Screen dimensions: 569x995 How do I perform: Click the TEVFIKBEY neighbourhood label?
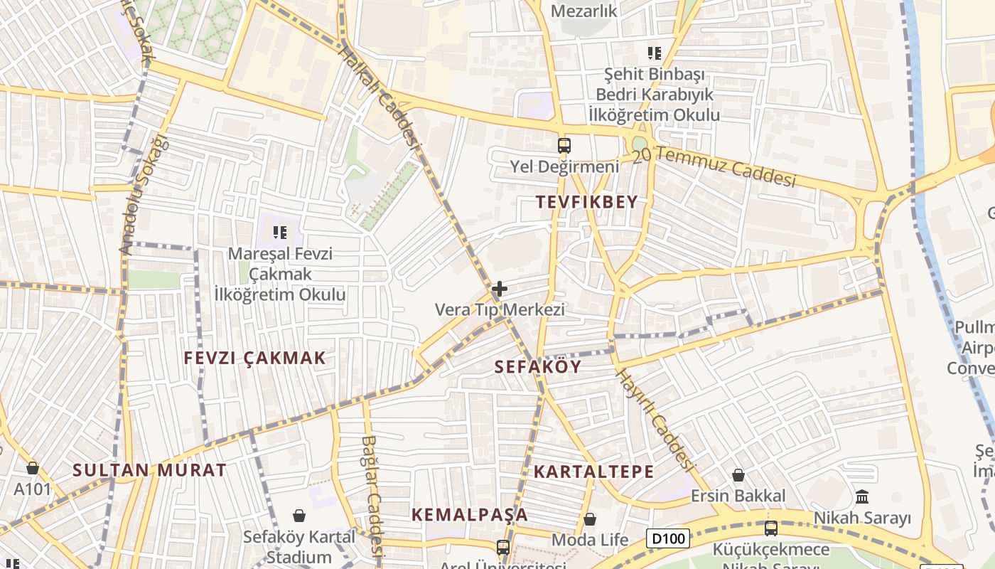(587, 202)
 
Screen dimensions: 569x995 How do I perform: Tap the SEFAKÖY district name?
(537, 367)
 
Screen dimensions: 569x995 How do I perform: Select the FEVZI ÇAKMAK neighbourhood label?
(254, 358)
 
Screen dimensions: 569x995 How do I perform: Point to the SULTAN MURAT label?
(149, 470)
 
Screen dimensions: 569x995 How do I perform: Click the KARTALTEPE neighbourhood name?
(593, 472)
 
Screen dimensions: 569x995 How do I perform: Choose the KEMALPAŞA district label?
(470, 514)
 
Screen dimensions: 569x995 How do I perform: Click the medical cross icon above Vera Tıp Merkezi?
(500, 289)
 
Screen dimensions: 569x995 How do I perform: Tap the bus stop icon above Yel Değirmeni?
(564, 146)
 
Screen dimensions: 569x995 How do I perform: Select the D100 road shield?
(668, 538)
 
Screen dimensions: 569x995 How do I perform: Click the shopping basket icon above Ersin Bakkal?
(738, 475)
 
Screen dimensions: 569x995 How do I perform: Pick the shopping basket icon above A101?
(33, 468)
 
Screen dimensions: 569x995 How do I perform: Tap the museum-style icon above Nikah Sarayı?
(862, 496)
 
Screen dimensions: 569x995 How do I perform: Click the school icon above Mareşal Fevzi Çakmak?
(280, 232)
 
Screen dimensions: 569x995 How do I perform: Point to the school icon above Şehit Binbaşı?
(654, 53)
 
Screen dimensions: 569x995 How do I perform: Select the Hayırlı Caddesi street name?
(653, 420)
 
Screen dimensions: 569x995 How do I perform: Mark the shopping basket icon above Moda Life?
(590, 519)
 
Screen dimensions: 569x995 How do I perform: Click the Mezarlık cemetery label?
(584, 11)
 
